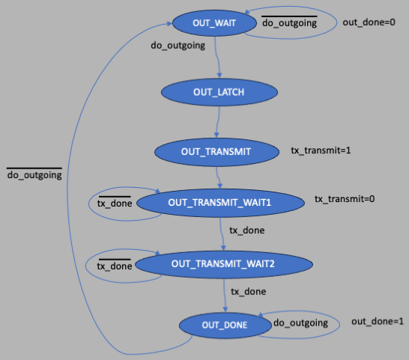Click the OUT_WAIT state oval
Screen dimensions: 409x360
tap(214, 23)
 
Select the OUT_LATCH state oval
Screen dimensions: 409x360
tap(219, 92)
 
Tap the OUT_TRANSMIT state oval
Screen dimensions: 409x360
tap(216, 152)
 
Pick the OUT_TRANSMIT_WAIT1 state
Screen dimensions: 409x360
tap(220, 203)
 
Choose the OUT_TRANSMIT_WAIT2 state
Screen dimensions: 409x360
tap(224, 264)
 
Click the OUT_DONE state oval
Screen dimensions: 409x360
tap(225, 325)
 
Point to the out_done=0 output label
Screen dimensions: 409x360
tap(369, 22)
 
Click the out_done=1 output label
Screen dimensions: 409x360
tap(378, 321)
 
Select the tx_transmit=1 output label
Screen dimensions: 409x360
tap(321, 150)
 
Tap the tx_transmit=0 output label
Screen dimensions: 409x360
tap(345, 199)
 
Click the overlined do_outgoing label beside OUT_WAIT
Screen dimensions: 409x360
tap(290, 22)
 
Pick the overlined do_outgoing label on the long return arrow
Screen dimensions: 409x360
tap(34, 174)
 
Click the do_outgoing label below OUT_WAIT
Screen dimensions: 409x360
tap(178, 46)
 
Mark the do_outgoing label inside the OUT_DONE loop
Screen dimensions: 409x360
tap(300, 323)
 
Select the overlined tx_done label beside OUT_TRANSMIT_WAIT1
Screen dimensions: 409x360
tap(115, 202)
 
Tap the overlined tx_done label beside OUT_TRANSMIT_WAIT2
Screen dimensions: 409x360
tap(115, 265)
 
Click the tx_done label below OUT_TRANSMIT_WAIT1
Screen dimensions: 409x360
tap(247, 231)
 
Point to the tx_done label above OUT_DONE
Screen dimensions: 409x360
tap(249, 292)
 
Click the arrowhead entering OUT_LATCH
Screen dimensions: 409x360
tap(219, 76)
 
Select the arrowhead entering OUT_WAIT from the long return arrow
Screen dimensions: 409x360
tap(169, 23)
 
